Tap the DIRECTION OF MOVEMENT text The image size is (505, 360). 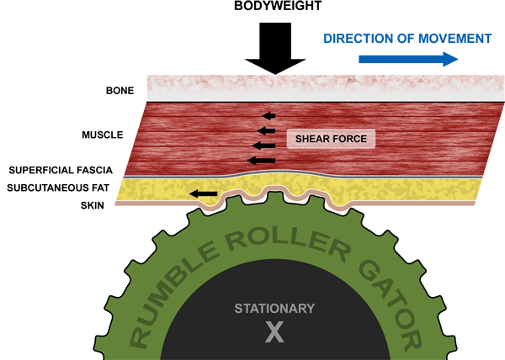point(407,38)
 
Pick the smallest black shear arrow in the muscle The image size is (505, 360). point(268,115)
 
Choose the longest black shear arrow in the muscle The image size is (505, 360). point(261,159)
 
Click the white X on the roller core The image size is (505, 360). point(275,331)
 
